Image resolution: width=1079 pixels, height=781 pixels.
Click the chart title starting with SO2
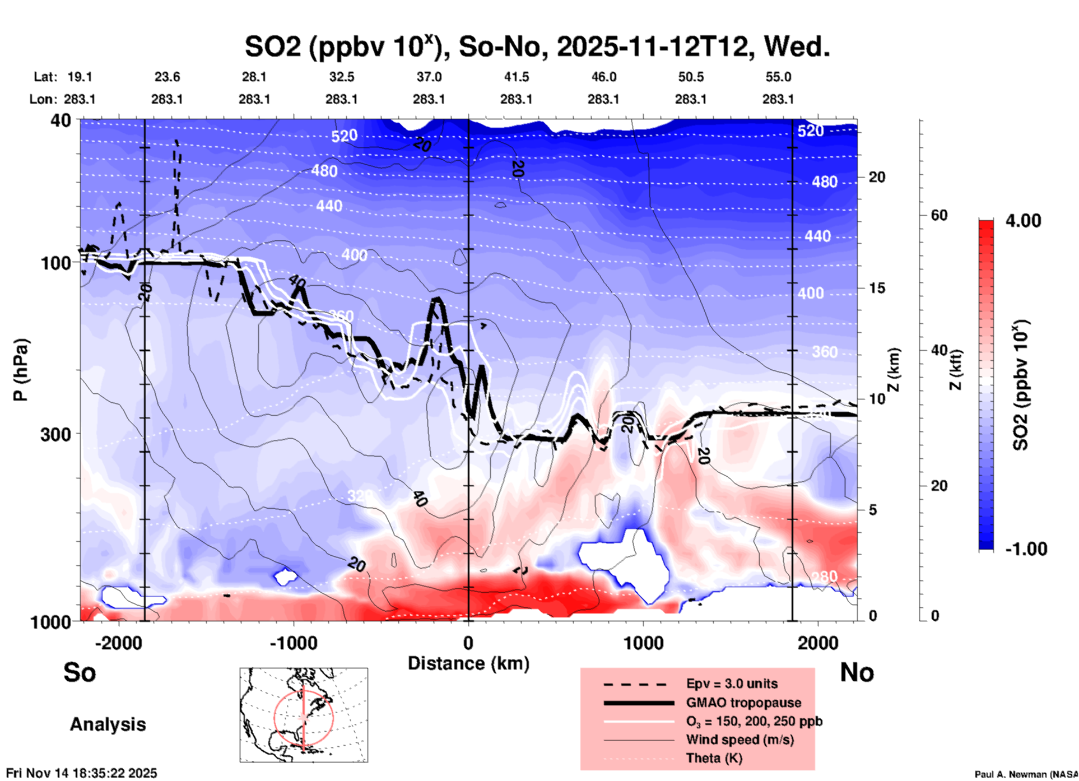[x=537, y=47]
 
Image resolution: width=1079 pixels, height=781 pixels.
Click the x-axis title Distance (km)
[x=468, y=663]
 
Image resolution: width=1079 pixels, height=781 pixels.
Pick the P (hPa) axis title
[x=21, y=370]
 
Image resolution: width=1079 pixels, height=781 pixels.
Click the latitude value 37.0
[x=429, y=77]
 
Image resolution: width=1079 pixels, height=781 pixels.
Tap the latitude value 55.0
[x=778, y=77]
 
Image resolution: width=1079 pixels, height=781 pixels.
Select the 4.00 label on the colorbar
[x=1023, y=221]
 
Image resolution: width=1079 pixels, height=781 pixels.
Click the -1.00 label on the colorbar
[x=1026, y=549]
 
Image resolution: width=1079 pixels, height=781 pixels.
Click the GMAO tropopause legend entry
[x=743, y=703]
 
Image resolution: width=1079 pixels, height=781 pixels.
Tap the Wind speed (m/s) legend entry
[x=740, y=740]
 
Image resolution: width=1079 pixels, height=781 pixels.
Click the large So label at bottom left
[x=80, y=672]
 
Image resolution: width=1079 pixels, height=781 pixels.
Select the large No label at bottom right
[x=857, y=672]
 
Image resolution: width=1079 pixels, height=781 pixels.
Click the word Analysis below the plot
[x=108, y=724]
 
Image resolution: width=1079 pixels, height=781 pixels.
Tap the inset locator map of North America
[x=304, y=715]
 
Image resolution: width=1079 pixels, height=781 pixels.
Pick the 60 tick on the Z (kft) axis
[x=939, y=215]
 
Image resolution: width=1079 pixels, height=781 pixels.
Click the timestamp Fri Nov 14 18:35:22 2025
[x=82, y=773]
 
